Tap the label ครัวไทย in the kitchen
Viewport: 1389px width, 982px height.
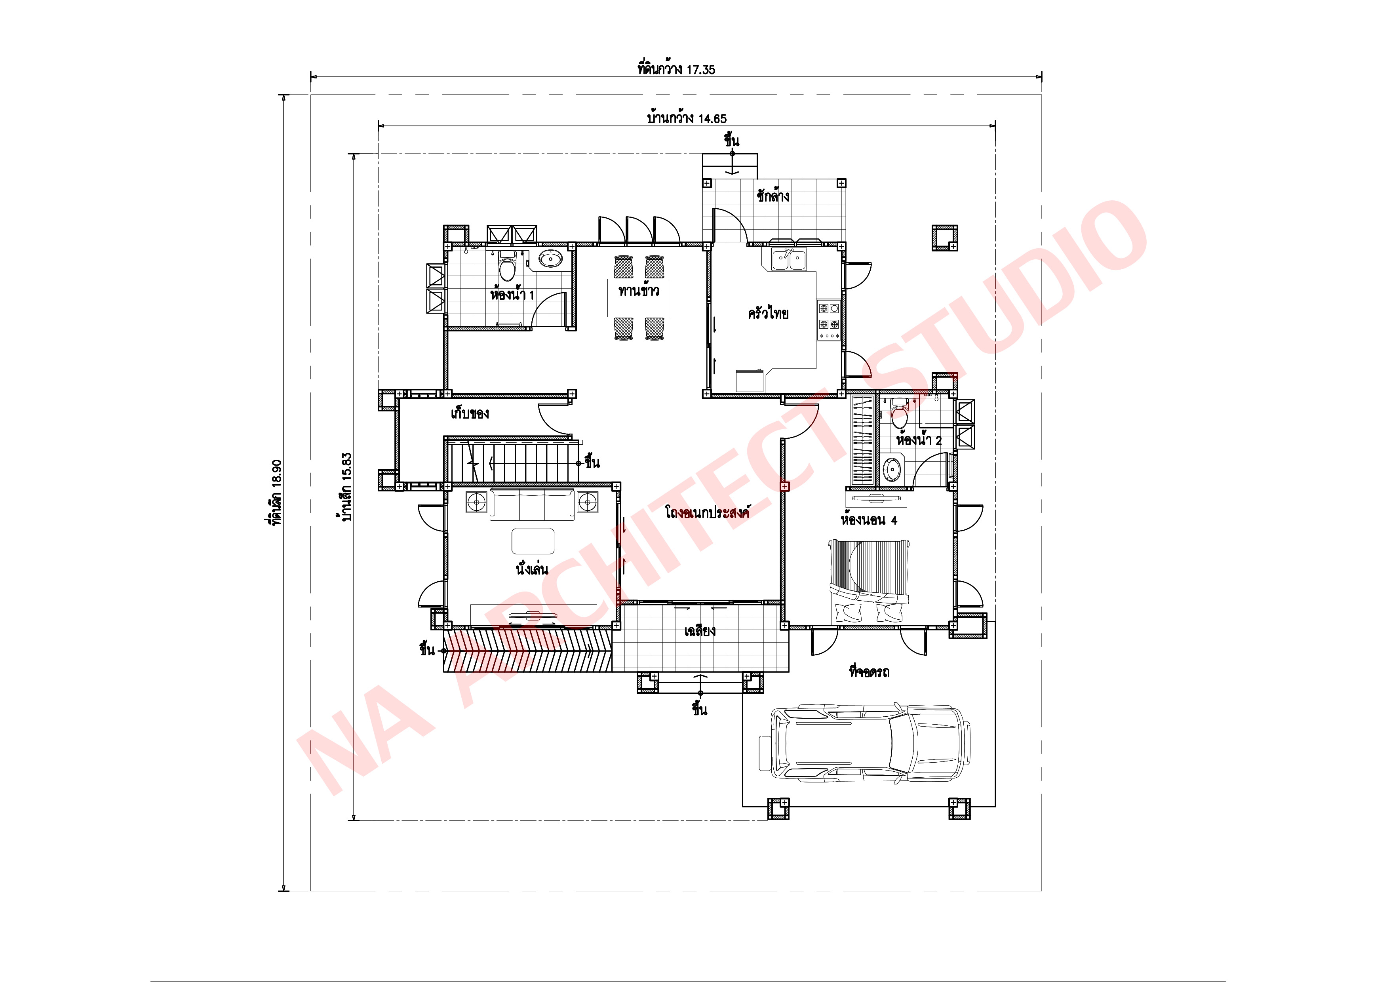[x=768, y=314]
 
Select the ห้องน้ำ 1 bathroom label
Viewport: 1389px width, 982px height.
[x=512, y=295]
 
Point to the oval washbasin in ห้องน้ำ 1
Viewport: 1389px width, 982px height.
[x=550, y=259]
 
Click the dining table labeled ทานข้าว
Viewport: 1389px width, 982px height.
[x=639, y=297]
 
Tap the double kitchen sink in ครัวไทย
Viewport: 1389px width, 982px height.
[x=789, y=260]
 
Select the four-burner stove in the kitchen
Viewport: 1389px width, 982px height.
[x=829, y=316]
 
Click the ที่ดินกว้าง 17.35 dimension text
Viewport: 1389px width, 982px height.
[x=676, y=69]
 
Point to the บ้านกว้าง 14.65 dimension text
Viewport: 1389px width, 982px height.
[x=687, y=118]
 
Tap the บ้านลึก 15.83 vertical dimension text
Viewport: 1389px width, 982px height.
[x=346, y=487]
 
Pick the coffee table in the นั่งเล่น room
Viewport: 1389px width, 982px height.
[x=533, y=541]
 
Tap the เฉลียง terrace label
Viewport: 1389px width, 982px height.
[x=700, y=631]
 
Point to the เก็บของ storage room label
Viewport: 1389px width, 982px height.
[x=470, y=414]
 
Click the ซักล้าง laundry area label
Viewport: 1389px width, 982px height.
[x=773, y=196]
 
